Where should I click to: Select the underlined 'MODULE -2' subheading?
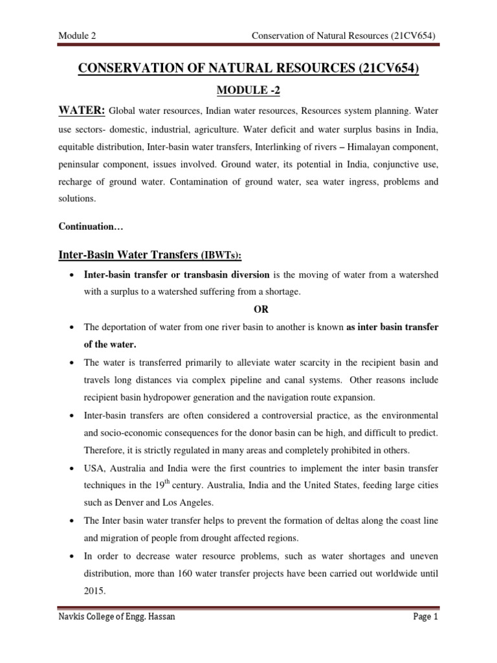coord(248,92)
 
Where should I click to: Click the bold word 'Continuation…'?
coord(87,227)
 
